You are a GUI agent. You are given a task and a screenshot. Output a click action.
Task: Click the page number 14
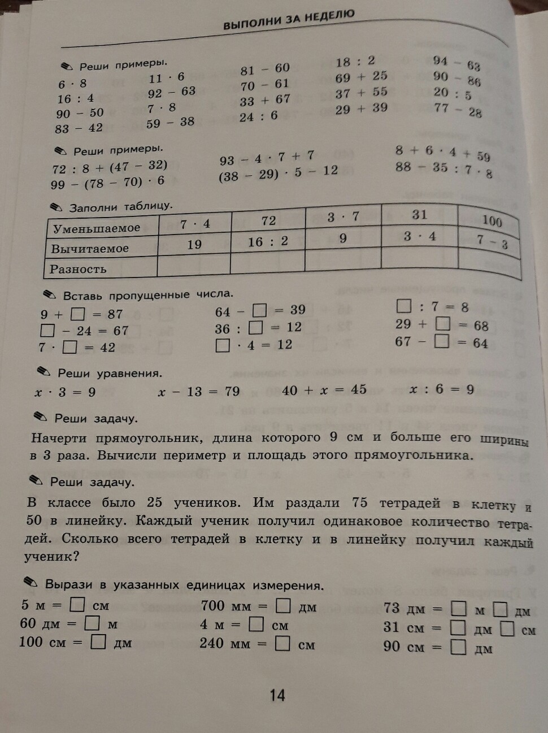pyautogui.click(x=277, y=695)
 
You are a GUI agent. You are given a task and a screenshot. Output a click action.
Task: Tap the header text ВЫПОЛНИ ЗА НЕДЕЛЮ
pyautogui.click(x=289, y=20)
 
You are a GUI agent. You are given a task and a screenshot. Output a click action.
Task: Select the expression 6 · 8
pyautogui.click(x=72, y=84)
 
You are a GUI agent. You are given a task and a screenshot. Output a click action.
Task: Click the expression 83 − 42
pyautogui.click(x=79, y=128)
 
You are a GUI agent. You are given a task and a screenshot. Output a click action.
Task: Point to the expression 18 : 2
pyautogui.click(x=355, y=62)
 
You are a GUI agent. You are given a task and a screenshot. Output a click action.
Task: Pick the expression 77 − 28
pyautogui.click(x=458, y=110)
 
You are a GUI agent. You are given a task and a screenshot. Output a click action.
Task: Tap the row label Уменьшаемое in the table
pyautogui.click(x=97, y=228)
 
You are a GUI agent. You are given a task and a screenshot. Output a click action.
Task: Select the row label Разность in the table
pyautogui.click(x=78, y=269)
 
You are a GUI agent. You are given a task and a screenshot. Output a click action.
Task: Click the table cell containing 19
pyautogui.click(x=194, y=244)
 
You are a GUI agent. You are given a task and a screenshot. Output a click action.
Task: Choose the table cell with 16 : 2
pyautogui.click(x=268, y=242)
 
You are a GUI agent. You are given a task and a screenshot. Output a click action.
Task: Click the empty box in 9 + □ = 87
pyautogui.click(x=78, y=314)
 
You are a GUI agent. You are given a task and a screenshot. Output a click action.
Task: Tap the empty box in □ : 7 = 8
pyautogui.click(x=403, y=306)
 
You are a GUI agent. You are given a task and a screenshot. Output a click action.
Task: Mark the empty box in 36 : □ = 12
pyautogui.click(x=256, y=327)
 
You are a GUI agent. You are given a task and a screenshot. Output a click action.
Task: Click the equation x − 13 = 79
pyautogui.click(x=199, y=391)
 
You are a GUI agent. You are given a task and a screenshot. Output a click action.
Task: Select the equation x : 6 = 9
pyautogui.click(x=441, y=389)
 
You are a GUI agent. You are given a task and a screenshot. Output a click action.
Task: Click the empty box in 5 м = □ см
pyautogui.click(x=77, y=605)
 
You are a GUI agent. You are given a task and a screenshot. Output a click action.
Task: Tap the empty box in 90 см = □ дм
pyautogui.click(x=458, y=647)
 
